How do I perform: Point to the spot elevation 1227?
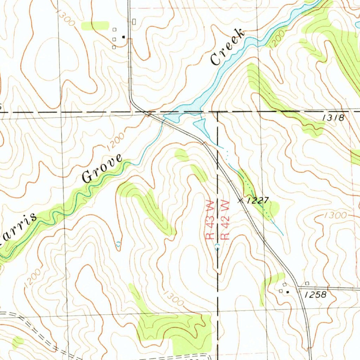click(258, 201)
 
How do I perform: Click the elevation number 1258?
click(315, 295)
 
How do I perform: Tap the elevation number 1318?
click(334, 118)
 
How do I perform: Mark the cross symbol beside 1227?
click(241, 201)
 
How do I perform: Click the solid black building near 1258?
click(288, 292)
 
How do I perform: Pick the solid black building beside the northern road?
click(123, 37)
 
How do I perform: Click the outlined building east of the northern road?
click(134, 22)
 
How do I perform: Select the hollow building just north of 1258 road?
click(307, 283)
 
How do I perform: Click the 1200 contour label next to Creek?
click(277, 42)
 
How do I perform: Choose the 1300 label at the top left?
click(65, 18)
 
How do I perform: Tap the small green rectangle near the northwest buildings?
click(95, 25)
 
